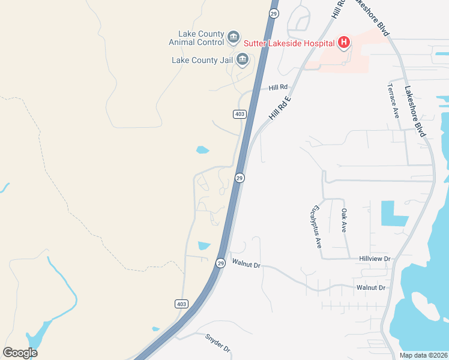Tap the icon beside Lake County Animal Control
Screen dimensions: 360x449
click(x=234, y=38)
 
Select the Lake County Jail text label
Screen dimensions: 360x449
click(x=203, y=60)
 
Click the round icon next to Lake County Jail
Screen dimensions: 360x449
click(x=243, y=59)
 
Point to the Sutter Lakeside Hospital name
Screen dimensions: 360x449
click(x=289, y=43)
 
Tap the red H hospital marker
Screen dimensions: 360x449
click(x=344, y=42)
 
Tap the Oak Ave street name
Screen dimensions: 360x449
click(x=345, y=221)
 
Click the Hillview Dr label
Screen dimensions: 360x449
click(x=375, y=259)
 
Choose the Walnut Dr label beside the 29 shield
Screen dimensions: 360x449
click(x=246, y=264)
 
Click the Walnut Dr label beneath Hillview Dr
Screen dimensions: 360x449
click(x=370, y=288)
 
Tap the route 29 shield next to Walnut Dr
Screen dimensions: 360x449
click(x=220, y=263)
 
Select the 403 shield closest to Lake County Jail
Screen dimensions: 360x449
click(x=239, y=114)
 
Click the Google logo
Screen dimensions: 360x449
click(x=20, y=353)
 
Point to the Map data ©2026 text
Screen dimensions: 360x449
click(x=423, y=355)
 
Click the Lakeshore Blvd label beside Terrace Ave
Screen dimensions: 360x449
click(x=415, y=112)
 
